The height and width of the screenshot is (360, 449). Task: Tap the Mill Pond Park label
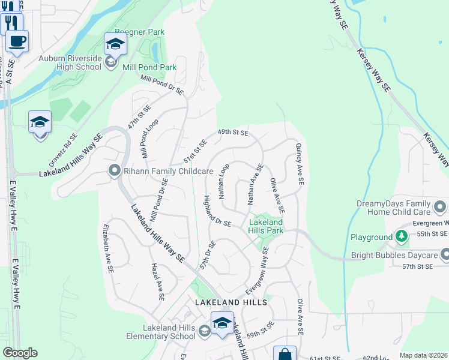coord(149,67)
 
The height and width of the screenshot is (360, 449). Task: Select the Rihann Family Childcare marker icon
coord(114,172)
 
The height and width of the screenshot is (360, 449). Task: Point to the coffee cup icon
coord(17,42)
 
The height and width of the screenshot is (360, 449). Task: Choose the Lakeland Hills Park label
coord(266,226)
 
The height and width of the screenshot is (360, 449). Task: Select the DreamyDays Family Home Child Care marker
coord(440,208)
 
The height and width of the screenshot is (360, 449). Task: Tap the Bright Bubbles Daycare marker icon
coord(444,255)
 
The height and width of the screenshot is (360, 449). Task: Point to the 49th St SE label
coord(233,132)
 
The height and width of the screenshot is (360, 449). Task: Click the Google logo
coord(20,353)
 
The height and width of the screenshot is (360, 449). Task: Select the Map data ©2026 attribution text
coord(423,355)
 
